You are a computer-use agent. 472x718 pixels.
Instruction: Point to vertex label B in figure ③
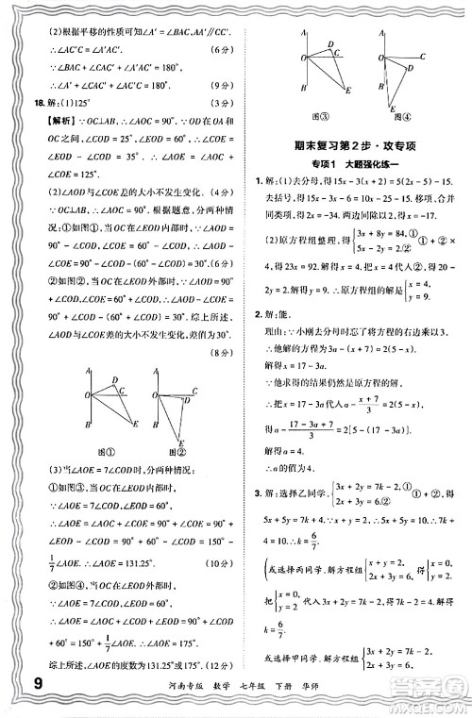296,89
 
